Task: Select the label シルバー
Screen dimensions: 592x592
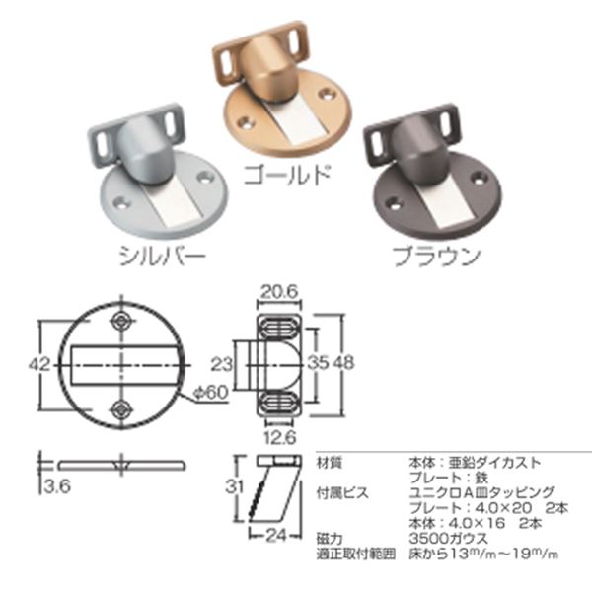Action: coord(161,257)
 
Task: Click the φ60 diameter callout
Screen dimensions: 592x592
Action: coord(209,392)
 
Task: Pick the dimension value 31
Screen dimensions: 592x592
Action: coord(230,487)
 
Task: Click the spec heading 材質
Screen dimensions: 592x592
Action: coord(330,462)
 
